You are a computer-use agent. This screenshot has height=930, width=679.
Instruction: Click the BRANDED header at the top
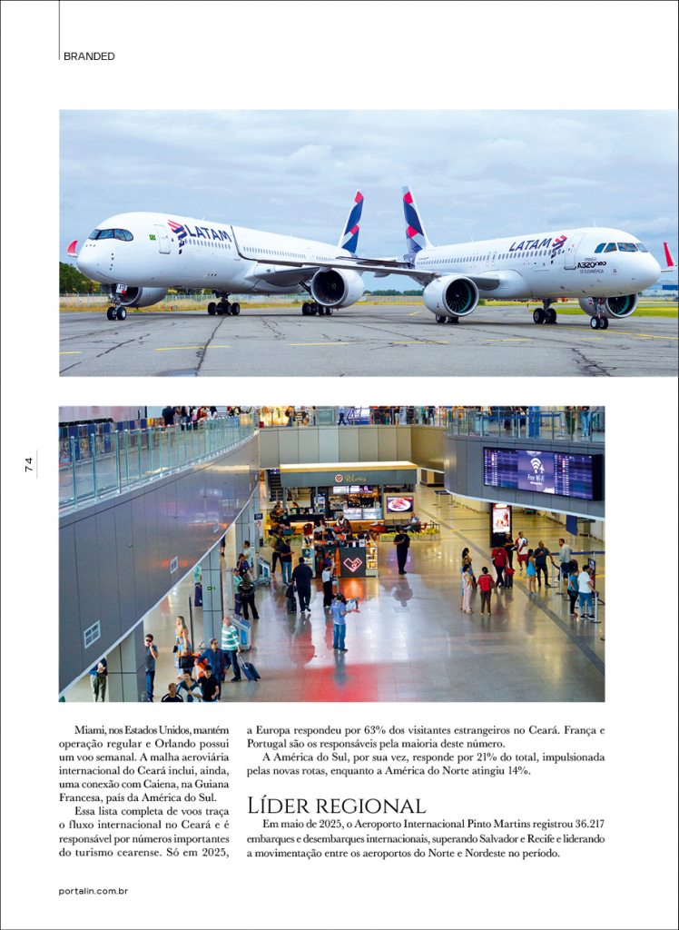pos(89,56)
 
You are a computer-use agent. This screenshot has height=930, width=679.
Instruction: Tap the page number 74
pos(29,464)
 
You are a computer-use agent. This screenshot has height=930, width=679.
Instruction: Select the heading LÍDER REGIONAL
pos(336,806)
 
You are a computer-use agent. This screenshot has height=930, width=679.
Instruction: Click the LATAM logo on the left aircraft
pos(201,233)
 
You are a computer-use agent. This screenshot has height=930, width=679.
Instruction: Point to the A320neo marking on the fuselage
pos(591,264)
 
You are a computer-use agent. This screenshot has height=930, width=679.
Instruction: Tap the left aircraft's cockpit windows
pos(111,234)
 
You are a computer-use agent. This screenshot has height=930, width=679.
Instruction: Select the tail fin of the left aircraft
pos(352,223)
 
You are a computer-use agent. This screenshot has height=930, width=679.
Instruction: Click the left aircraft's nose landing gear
pos(116,312)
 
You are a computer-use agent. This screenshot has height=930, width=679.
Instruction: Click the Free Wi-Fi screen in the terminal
pos(536,472)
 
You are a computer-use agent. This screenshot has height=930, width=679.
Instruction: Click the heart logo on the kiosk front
pos(352,563)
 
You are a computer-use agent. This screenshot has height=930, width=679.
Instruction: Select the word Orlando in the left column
pos(176,743)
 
